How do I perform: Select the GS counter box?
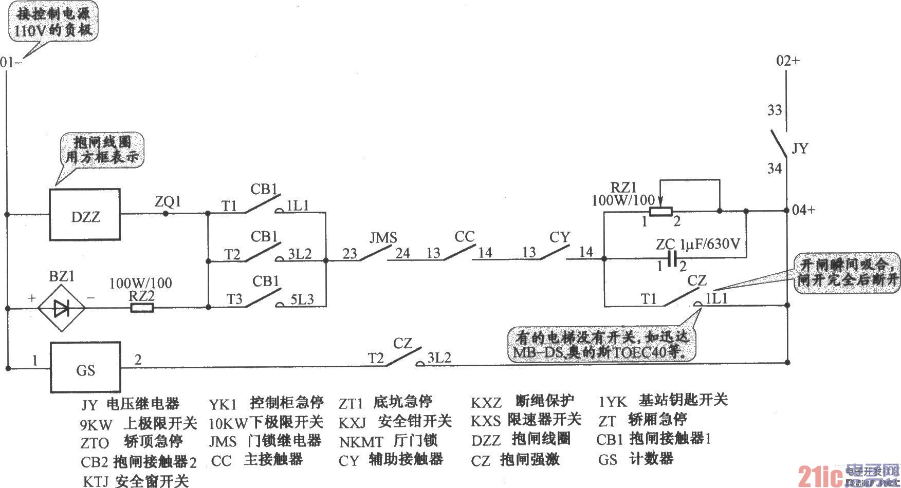[85, 368]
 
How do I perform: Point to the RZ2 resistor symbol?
[141, 308]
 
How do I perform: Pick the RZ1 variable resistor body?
[660, 211]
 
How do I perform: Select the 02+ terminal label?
[788, 61]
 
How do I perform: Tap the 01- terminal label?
[11, 63]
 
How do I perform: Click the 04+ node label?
[803, 210]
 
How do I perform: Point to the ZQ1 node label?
[168, 201]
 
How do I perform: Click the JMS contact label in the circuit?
[383, 238]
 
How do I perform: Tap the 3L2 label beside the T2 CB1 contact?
[300, 254]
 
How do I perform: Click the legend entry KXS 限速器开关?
[526, 420]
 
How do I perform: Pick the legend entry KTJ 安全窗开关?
[136, 481]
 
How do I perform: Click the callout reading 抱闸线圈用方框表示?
[102, 149]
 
